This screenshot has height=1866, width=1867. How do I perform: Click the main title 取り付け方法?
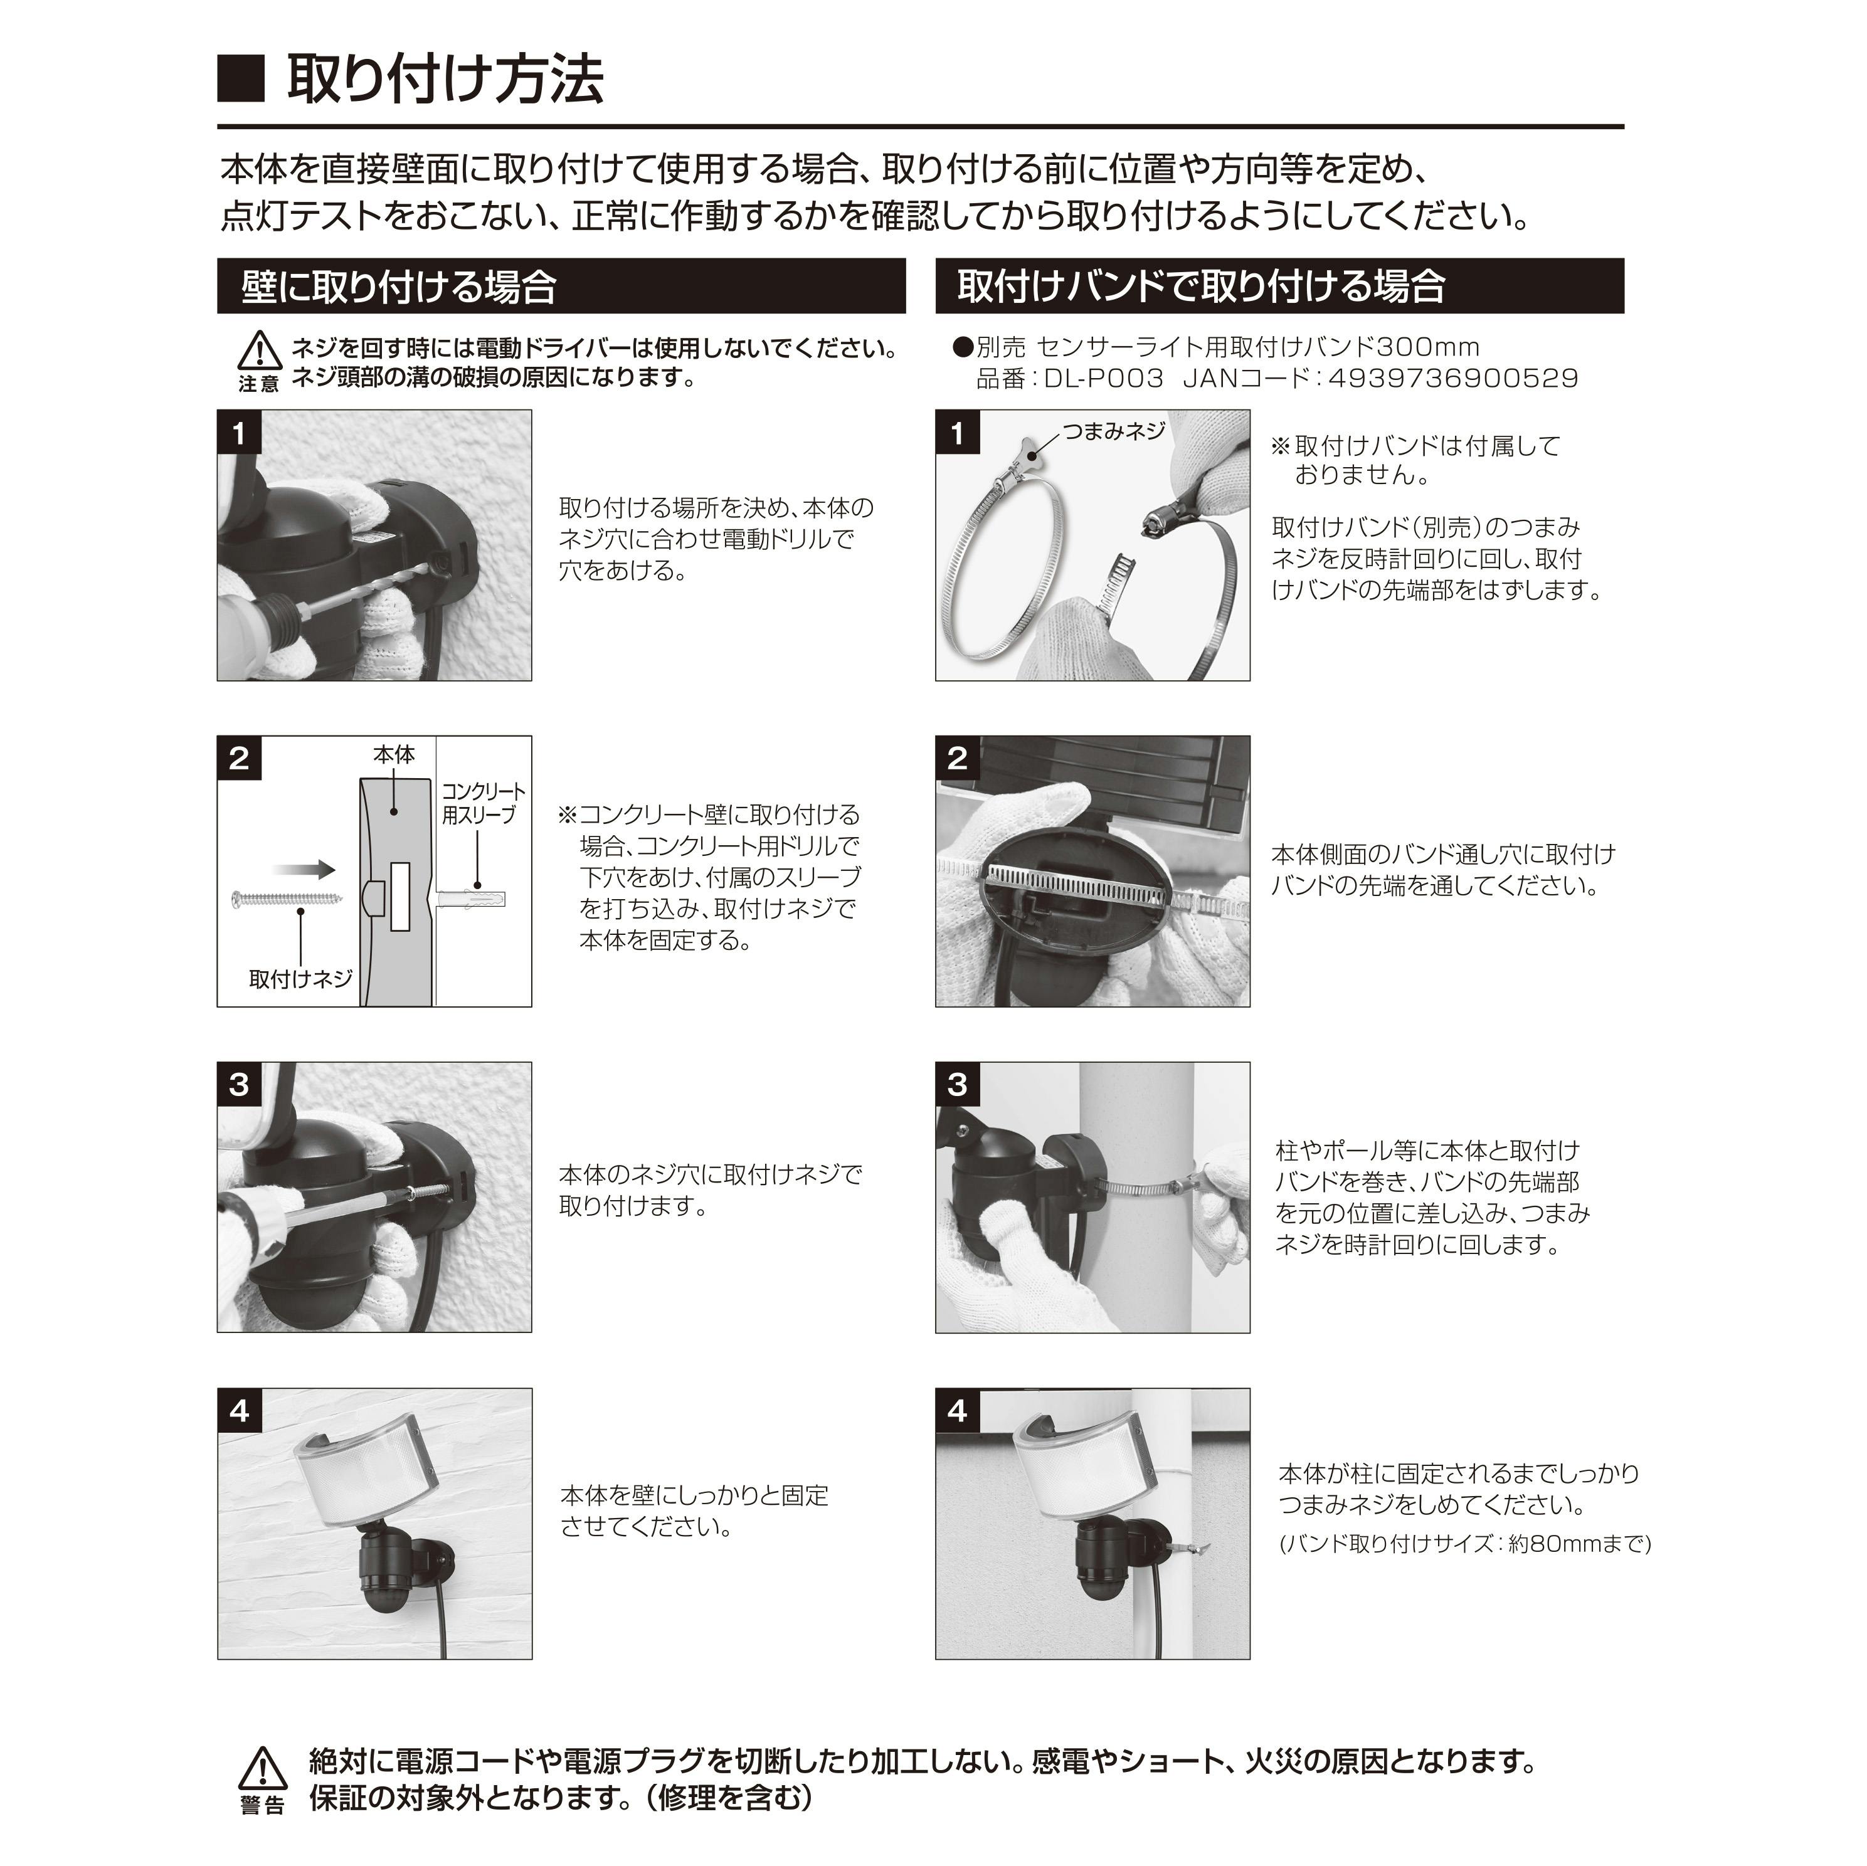445,79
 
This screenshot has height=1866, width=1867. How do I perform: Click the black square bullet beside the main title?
241,79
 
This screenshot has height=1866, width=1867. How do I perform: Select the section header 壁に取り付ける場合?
398,287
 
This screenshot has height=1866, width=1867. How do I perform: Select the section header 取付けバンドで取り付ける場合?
1201,287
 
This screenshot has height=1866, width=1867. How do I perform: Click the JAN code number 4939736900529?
1452,378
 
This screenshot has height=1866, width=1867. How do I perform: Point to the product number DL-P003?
1104,378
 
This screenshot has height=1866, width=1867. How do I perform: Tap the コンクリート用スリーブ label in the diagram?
483,804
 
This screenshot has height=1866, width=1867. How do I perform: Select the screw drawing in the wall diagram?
287,900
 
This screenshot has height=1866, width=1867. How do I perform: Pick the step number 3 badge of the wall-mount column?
240,1084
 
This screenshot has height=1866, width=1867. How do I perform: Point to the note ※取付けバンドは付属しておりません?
1415,460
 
